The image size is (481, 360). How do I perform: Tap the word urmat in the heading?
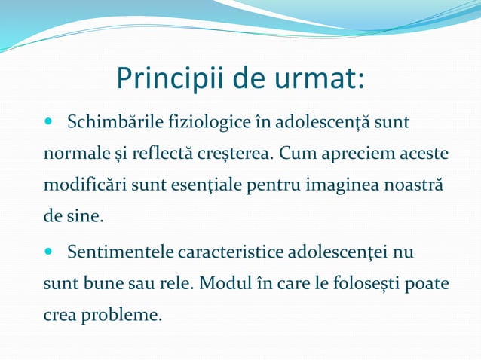tap(323, 78)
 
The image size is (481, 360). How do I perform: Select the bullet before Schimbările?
tap(50, 121)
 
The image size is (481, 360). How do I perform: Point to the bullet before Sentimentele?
tap(50, 250)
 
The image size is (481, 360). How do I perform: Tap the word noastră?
tap(415, 186)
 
